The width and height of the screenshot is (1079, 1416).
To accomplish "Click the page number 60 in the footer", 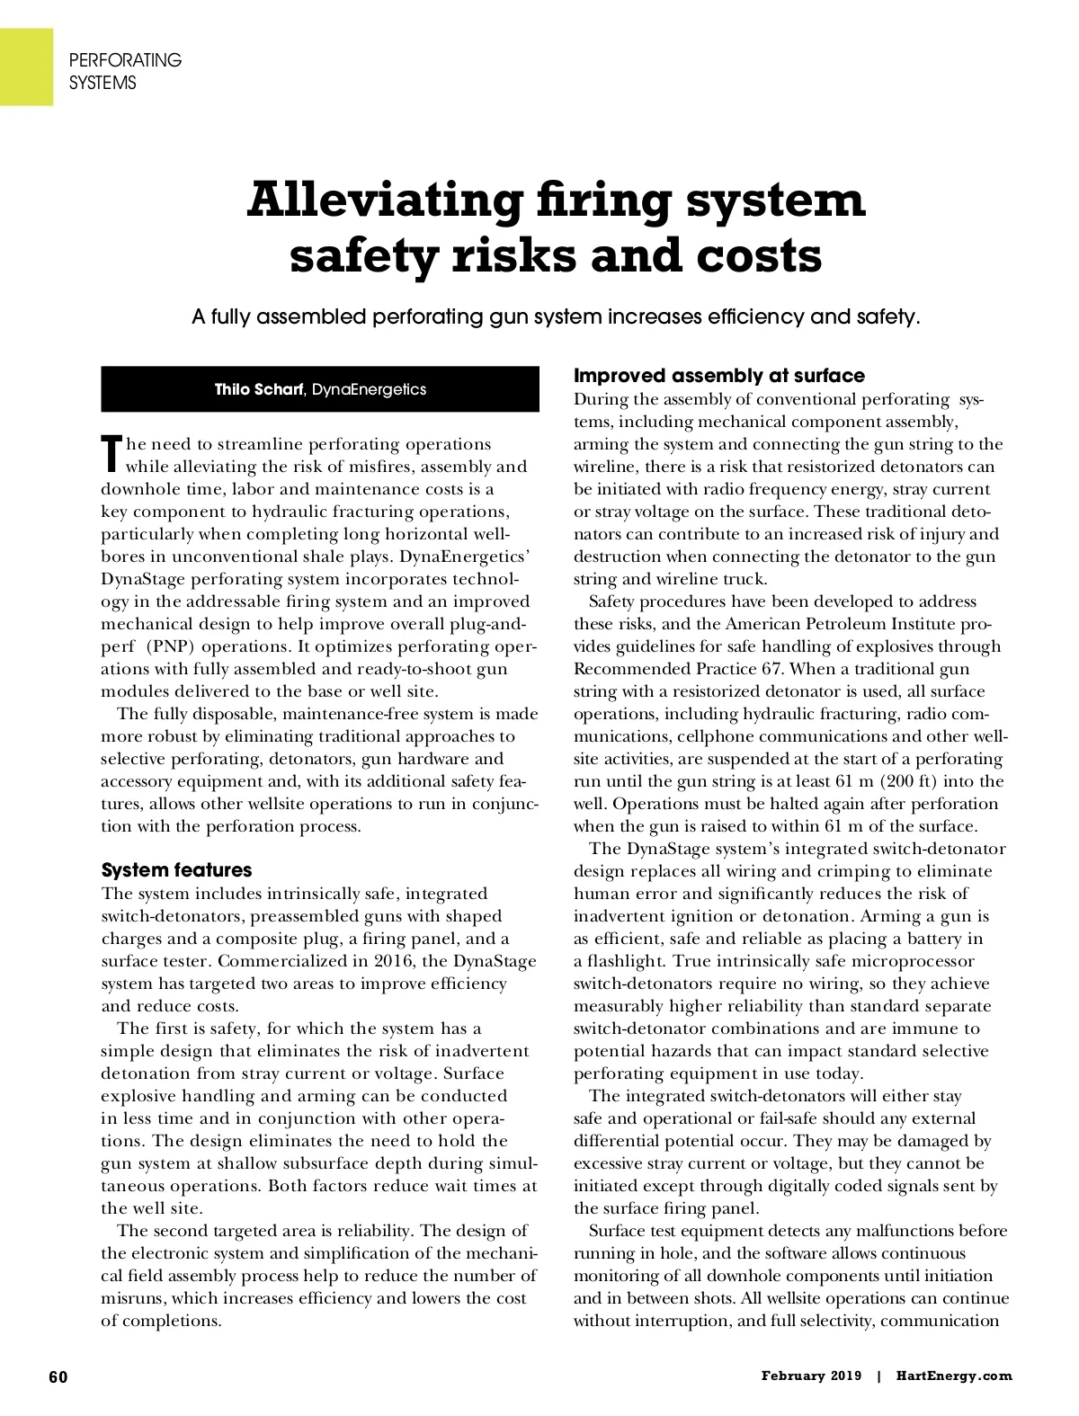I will [58, 1376].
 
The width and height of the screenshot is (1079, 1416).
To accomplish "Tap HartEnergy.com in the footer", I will [954, 1376].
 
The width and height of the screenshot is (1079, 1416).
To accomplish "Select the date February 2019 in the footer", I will [811, 1376].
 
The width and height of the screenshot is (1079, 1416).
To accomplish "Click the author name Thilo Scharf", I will [259, 389].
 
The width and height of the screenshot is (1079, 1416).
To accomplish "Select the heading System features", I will [176, 870].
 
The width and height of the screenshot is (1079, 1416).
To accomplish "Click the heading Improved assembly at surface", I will [718, 376].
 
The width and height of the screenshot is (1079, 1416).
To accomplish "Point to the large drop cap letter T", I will [111, 454].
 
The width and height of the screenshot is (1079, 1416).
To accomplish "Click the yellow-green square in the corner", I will [26, 66].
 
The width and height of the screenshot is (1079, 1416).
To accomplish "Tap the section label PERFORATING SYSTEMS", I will [125, 71].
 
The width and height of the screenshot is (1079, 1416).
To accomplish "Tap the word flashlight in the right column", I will [623, 961].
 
